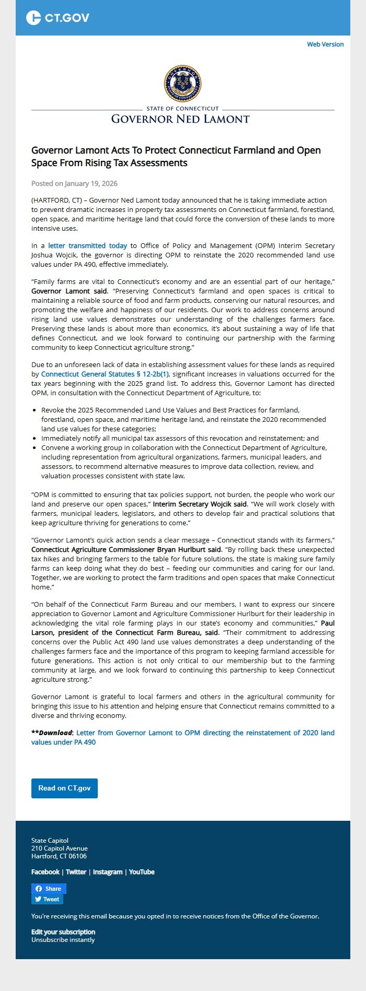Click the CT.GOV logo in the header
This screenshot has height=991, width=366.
[x=58, y=18]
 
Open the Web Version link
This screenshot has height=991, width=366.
[x=325, y=44]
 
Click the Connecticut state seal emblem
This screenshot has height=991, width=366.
[x=182, y=84]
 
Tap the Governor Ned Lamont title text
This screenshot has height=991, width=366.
[x=180, y=119]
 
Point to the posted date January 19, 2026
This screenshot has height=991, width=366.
[x=74, y=183]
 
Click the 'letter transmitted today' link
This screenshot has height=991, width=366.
[x=87, y=245]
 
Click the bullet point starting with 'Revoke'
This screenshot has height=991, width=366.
[x=183, y=419]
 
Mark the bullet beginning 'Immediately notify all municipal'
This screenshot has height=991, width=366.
[x=179, y=439]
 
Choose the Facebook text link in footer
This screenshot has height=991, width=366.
[x=45, y=872]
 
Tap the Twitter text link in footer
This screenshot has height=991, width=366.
[x=76, y=872]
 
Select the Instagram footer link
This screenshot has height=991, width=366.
[x=108, y=872]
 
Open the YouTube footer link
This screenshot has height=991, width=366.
[x=142, y=872]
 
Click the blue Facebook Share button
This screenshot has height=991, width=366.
[x=49, y=889]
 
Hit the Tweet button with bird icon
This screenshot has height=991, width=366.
[x=47, y=899]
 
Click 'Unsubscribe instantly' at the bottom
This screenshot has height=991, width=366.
[x=63, y=940]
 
